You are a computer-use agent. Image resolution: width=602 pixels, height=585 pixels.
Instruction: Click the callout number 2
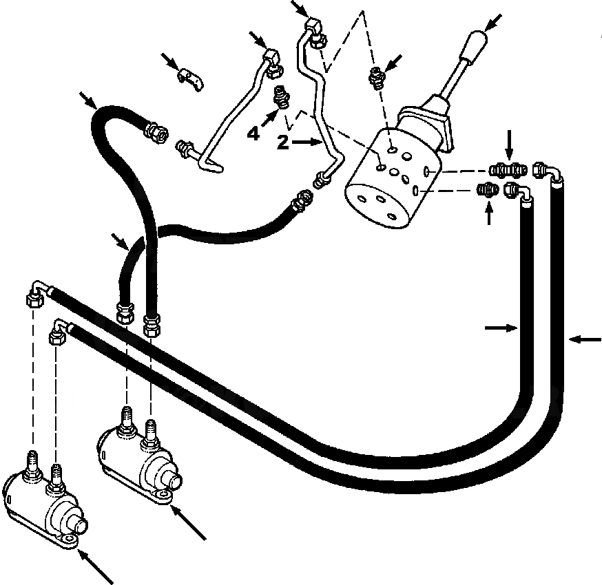point(281,142)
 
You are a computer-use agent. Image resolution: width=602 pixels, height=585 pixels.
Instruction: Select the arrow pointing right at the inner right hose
point(501,329)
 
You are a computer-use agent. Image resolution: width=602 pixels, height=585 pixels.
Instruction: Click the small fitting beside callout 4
point(281,97)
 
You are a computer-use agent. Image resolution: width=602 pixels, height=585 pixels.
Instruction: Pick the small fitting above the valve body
point(376,79)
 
